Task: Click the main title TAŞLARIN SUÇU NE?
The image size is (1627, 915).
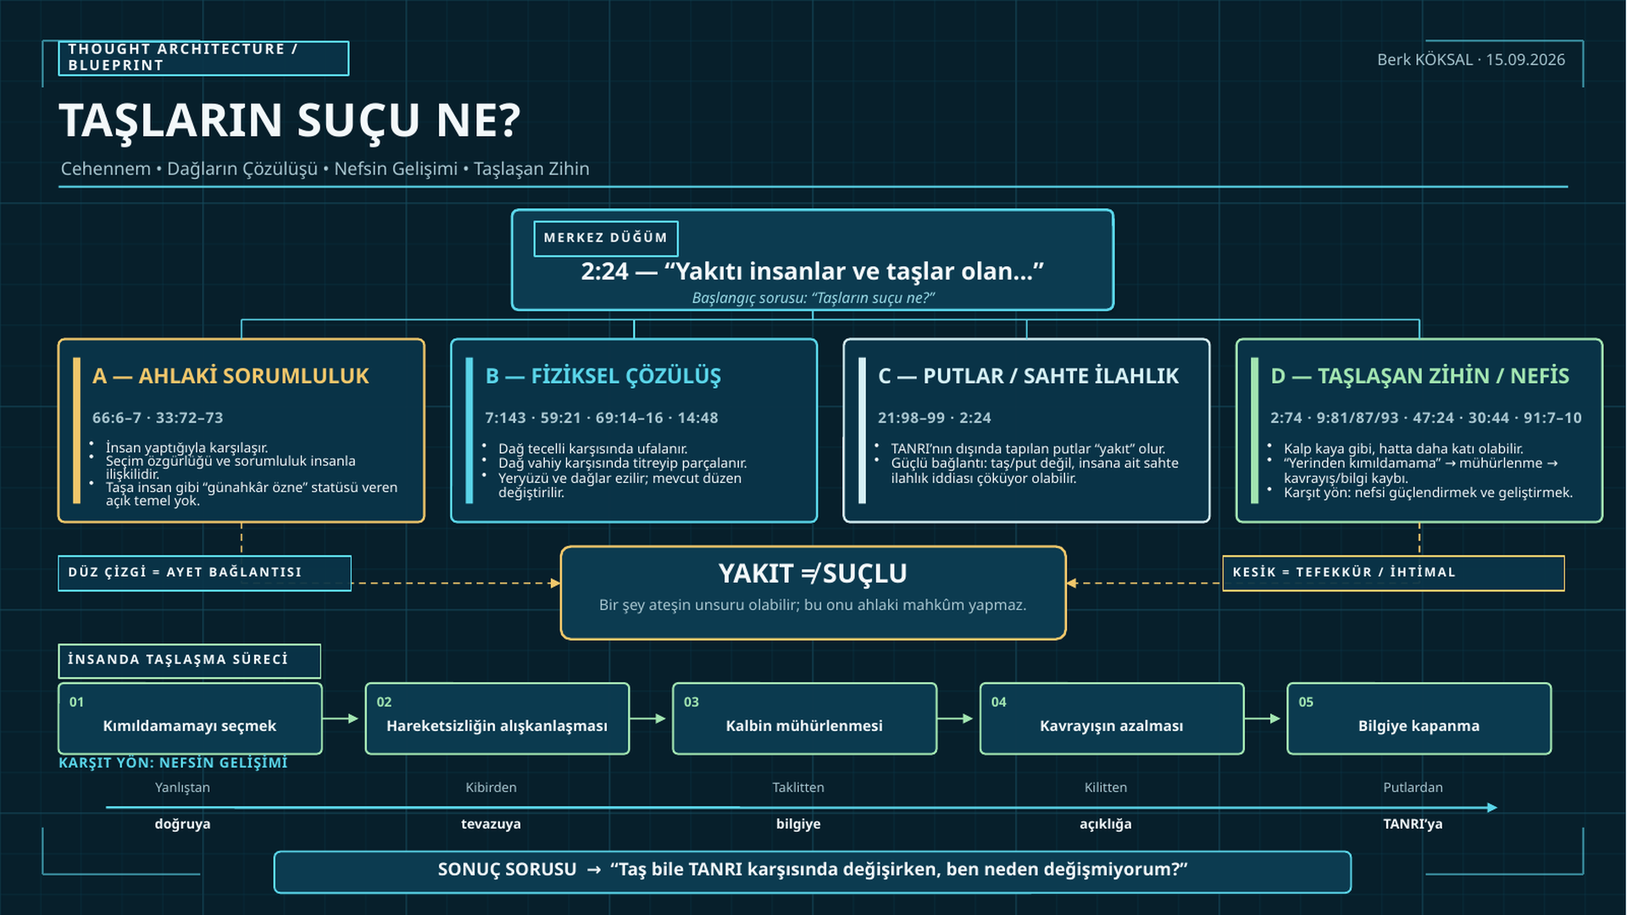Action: [290, 121]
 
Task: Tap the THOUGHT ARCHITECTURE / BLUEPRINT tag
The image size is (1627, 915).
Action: [203, 58]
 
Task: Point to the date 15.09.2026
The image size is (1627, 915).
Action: [1525, 59]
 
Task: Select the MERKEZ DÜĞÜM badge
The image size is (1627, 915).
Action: [606, 238]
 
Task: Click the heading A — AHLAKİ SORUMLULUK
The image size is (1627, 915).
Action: [230, 376]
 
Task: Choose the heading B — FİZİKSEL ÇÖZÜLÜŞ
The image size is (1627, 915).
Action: [602, 376]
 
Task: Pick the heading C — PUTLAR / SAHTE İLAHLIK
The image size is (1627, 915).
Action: [1028, 376]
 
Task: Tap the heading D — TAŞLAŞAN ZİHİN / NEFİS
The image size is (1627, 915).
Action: [1419, 376]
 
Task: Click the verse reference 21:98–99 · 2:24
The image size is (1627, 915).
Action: [934, 418]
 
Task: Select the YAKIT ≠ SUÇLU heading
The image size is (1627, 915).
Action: [813, 574]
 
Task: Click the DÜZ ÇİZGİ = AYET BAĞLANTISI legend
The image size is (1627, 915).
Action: [204, 573]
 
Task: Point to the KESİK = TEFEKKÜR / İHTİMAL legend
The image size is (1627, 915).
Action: [1393, 573]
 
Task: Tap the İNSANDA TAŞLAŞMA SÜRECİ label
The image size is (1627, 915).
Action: [189, 661]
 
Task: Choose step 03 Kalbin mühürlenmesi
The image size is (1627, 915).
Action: [804, 718]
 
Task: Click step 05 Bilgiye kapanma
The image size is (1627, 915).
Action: [1419, 718]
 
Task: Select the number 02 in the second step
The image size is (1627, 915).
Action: [384, 702]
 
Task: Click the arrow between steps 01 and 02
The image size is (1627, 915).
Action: [341, 718]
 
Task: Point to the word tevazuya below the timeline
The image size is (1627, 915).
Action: [491, 824]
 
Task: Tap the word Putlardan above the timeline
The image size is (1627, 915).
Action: [1413, 788]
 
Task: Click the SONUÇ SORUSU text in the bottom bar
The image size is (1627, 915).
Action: [507, 870]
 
